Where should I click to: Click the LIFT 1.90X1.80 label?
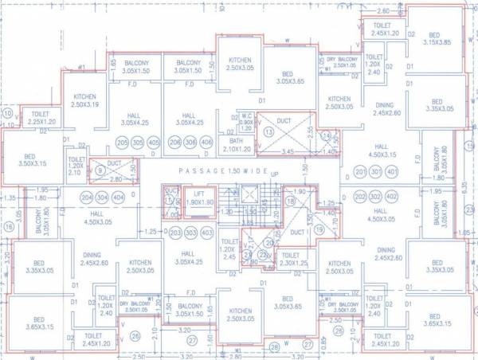tap(200, 199)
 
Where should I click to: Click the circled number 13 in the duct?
tap(269, 131)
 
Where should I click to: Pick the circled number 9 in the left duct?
tap(100, 169)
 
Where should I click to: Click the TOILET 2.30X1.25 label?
tap(293, 259)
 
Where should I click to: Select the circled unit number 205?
tap(123, 143)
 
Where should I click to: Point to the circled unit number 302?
tap(376, 196)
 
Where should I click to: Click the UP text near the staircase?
tap(276, 174)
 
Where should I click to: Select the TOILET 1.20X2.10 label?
tap(76, 164)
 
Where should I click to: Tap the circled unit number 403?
tap(206, 231)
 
